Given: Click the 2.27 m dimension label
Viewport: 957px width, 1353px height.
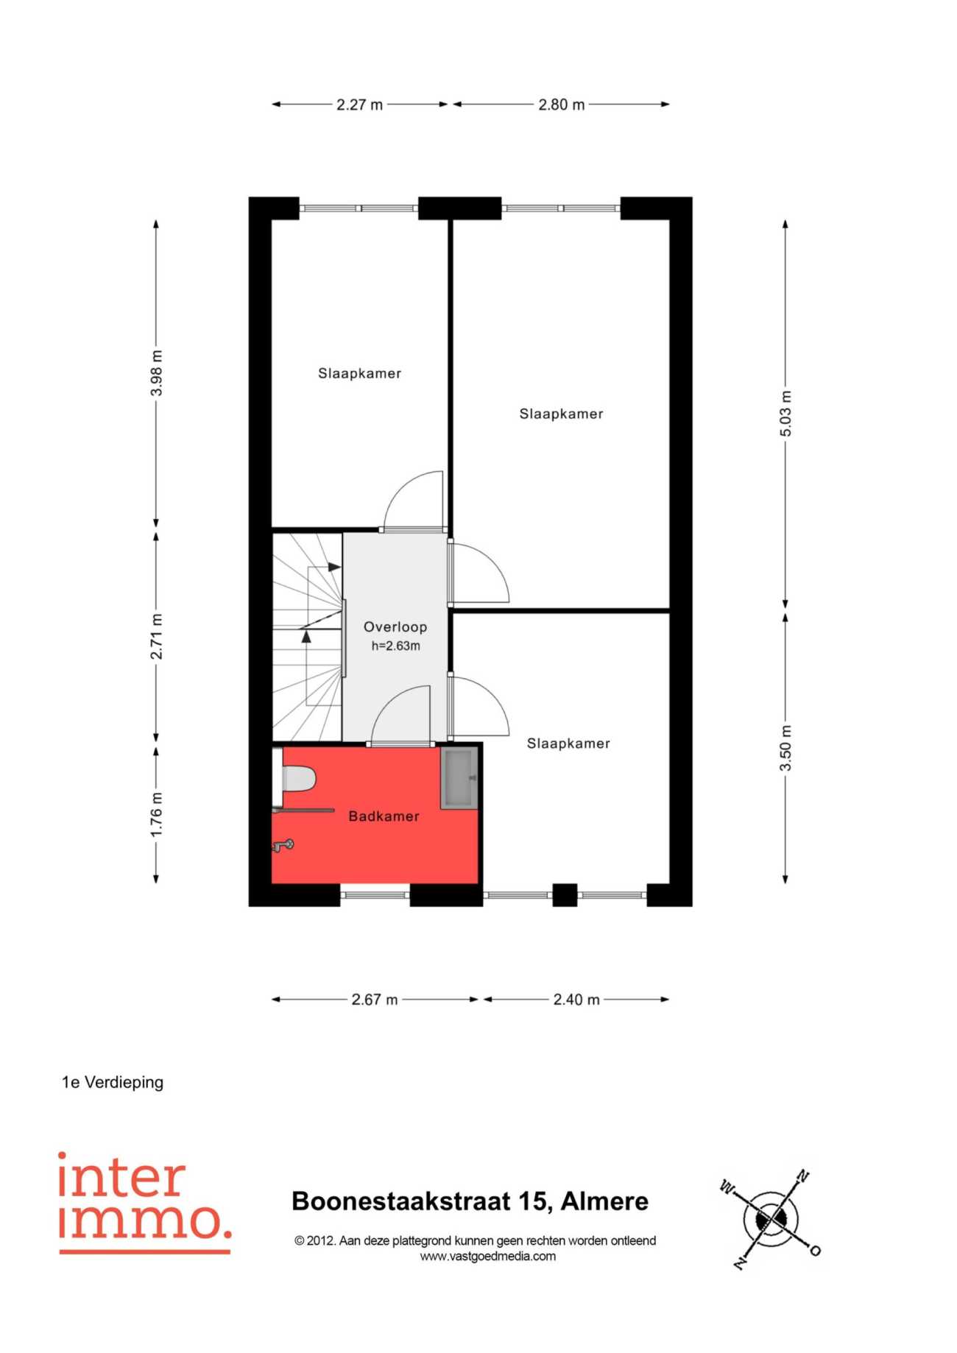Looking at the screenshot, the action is click(360, 105).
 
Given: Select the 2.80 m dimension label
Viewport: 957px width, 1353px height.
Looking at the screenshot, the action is click(562, 105).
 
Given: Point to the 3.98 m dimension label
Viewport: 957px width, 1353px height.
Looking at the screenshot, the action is click(157, 373).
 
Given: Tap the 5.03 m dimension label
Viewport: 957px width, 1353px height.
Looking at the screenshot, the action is click(786, 414).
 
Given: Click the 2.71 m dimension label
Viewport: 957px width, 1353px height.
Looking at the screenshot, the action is click(157, 636).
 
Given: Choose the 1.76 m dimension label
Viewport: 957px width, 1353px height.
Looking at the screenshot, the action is click(157, 814).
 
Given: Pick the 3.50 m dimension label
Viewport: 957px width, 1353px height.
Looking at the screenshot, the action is click(786, 748).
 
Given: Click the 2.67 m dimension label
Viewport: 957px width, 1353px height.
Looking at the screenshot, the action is click(375, 1000).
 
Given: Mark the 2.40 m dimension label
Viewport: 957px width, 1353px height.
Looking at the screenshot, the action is click(576, 1000).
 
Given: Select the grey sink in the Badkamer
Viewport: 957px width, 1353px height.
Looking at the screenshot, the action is click(459, 777).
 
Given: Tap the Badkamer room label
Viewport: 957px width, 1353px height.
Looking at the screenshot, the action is click(384, 816).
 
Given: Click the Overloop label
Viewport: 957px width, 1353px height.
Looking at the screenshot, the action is click(395, 627).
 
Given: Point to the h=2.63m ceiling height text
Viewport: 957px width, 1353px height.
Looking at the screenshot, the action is click(395, 646).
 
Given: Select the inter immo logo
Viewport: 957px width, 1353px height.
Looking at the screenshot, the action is click(144, 1204).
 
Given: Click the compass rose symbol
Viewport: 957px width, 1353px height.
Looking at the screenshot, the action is click(771, 1220).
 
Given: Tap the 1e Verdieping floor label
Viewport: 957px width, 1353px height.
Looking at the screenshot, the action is click(113, 1082).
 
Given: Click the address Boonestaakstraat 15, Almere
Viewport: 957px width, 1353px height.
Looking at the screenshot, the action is click(470, 1201).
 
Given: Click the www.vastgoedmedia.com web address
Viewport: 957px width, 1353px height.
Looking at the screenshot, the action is click(488, 1257).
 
